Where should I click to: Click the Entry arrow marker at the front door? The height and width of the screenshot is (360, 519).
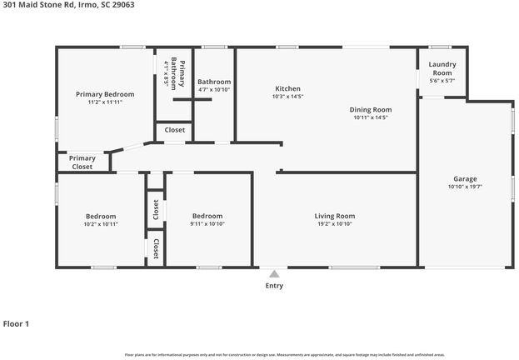274,273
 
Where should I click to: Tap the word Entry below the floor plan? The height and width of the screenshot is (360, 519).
274,286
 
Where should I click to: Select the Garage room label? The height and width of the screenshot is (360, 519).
464,179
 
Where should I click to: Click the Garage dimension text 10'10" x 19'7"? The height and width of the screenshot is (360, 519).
464,187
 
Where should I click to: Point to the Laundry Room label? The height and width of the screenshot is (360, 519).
442,68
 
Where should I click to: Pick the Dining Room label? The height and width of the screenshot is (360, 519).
370,109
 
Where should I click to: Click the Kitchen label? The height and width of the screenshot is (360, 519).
287,88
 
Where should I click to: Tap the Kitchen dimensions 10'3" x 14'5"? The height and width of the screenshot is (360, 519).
287,97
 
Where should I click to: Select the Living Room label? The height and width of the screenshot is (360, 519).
334,216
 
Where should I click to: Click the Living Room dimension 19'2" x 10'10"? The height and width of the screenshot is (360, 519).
334,224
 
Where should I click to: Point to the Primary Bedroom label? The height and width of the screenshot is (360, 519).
105,94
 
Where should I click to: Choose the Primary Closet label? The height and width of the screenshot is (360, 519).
82,162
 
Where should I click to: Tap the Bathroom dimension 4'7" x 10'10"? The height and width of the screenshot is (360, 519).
214,90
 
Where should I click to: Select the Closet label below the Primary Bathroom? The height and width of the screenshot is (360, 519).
174,130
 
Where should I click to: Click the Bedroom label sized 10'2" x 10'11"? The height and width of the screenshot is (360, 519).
101,216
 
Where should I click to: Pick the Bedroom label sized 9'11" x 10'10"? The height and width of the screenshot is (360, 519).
207,216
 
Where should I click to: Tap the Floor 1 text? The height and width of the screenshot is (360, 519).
16,323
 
